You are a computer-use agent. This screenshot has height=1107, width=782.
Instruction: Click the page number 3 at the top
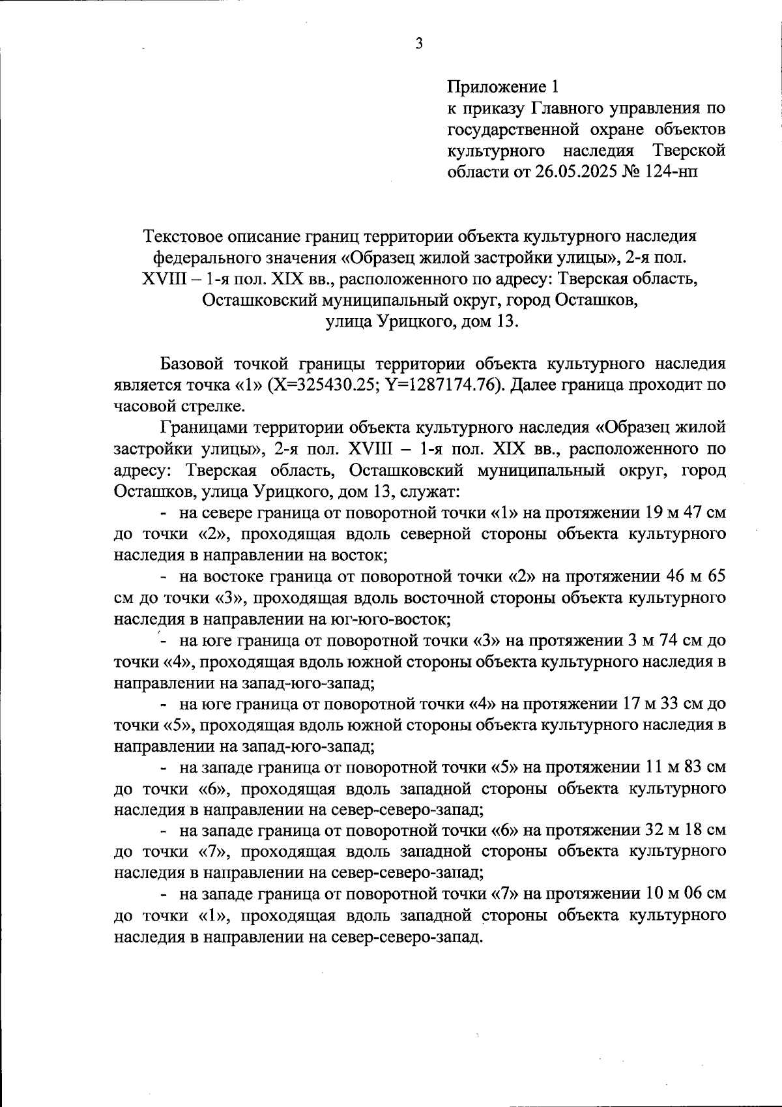[x=419, y=44]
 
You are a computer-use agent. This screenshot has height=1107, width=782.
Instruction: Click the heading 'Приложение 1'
[x=502, y=86]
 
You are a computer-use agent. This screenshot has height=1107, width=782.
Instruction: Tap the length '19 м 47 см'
[x=685, y=513]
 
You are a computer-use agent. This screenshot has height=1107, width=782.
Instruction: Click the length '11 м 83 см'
[x=685, y=767]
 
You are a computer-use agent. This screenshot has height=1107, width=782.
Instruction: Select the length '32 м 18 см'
[x=685, y=831]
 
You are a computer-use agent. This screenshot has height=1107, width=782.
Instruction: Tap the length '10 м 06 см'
[x=685, y=894]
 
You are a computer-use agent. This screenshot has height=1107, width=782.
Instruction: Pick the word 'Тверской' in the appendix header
[x=689, y=151]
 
